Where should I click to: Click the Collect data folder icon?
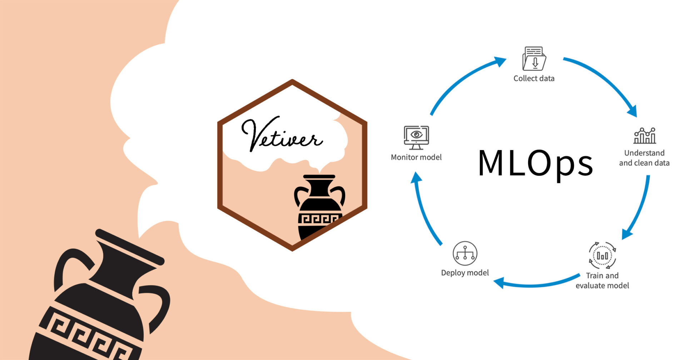(534, 59)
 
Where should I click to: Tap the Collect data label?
(534, 79)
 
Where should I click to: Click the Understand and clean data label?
(644, 158)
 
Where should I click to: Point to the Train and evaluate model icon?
(602, 255)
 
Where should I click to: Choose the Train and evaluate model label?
(602, 280)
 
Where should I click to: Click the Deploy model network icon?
(465, 253)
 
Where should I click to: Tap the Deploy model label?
(465, 273)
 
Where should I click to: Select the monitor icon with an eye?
(416, 137)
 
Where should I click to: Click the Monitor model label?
(416, 157)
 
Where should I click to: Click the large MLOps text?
(535, 163)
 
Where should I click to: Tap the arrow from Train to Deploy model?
(536, 284)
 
